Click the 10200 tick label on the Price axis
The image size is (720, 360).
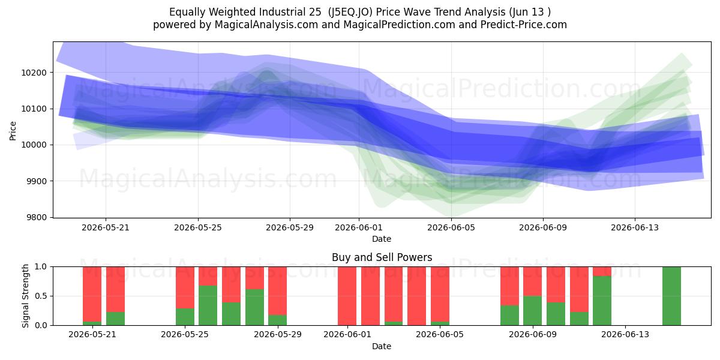(34, 73)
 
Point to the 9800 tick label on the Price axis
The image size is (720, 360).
(37, 218)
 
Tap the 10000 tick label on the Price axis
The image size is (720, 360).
(34, 145)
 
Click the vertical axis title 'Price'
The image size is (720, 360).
(13, 131)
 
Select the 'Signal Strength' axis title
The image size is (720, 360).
(25, 296)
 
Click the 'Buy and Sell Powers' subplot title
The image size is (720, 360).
(382, 257)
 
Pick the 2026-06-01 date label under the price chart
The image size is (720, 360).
(359, 227)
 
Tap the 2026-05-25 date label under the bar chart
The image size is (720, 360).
(185, 335)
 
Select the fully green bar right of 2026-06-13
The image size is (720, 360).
(672, 296)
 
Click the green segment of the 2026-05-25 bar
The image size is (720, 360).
(185, 317)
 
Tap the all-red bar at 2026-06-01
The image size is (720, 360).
(347, 296)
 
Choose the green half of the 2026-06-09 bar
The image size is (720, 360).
(532, 311)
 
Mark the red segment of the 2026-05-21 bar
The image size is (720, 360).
(92, 294)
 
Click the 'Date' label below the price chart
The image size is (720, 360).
(382, 239)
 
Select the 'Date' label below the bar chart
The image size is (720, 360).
(382, 346)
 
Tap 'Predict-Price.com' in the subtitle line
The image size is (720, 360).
(524, 25)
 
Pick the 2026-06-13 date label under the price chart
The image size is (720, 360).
(635, 227)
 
